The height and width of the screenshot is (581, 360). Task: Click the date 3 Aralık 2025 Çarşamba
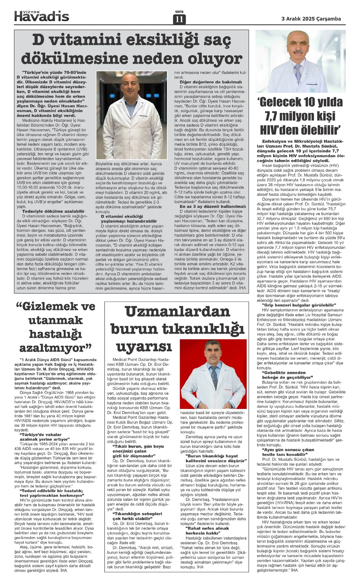point(311,19)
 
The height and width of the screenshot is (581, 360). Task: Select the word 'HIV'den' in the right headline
point(281,130)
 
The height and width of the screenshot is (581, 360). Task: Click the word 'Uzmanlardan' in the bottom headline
point(177,312)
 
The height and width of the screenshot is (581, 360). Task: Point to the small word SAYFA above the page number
point(179,12)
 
